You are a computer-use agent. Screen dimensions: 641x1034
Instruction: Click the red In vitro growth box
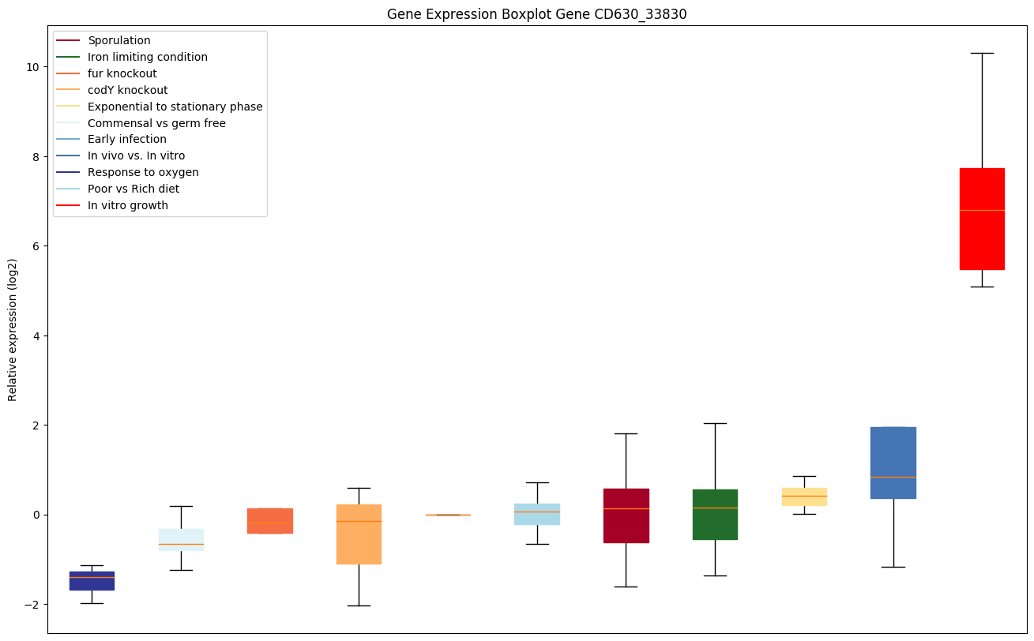(x=982, y=219)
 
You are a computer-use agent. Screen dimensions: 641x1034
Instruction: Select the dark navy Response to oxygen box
(x=92, y=580)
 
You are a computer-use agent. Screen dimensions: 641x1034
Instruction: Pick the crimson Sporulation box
(x=626, y=515)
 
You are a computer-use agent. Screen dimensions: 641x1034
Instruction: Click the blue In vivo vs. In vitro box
(x=893, y=463)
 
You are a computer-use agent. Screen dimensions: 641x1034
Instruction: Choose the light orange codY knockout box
(x=359, y=534)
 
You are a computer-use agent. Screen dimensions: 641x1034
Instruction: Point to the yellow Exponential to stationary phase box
(x=804, y=497)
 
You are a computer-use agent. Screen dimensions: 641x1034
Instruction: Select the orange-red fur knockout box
(x=270, y=520)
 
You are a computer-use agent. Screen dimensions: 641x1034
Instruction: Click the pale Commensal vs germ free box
(x=181, y=539)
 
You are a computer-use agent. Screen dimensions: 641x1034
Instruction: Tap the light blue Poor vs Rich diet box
(x=537, y=514)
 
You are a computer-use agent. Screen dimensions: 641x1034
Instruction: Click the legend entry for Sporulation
(x=119, y=40)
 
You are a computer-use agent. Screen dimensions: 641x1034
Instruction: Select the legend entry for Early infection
(x=127, y=140)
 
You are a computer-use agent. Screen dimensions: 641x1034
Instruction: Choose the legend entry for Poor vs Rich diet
(x=133, y=189)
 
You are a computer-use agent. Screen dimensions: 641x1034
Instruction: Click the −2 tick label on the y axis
(x=30, y=605)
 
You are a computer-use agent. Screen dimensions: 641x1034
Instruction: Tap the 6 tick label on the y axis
(x=34, y=246)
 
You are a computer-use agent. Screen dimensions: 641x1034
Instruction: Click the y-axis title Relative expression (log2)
(x=13, y=329)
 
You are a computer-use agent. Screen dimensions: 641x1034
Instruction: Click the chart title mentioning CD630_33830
(x=531, y=14)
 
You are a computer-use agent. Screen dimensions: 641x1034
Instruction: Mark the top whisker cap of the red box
(x=982, y=53)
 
